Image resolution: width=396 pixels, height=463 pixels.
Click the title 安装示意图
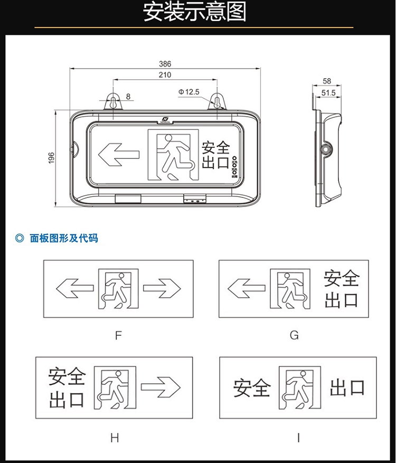click(195, 12)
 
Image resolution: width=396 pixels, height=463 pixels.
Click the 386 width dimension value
click(165, 64)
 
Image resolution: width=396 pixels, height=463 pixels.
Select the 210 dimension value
click(165, 75)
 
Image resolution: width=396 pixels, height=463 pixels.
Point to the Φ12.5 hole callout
click(189, 92)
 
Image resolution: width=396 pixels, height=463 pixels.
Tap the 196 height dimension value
click(51, 158)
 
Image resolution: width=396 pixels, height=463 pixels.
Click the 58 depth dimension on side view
click(327, 81)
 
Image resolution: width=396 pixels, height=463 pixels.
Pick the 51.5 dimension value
click(328, 93)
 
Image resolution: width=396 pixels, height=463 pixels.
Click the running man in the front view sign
click(172, 155)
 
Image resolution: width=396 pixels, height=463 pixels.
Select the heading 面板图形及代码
click(63, 239)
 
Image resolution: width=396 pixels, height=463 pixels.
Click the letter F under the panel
click(118, 335)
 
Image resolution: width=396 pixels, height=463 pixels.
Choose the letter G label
click(294, 335)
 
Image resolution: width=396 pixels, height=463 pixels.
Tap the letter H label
click(115, 438)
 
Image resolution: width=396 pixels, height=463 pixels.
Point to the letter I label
click(298, 438)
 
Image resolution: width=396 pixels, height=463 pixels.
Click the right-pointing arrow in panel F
click(162, 288)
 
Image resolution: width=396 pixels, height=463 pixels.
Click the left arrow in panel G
click(246, 288)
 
